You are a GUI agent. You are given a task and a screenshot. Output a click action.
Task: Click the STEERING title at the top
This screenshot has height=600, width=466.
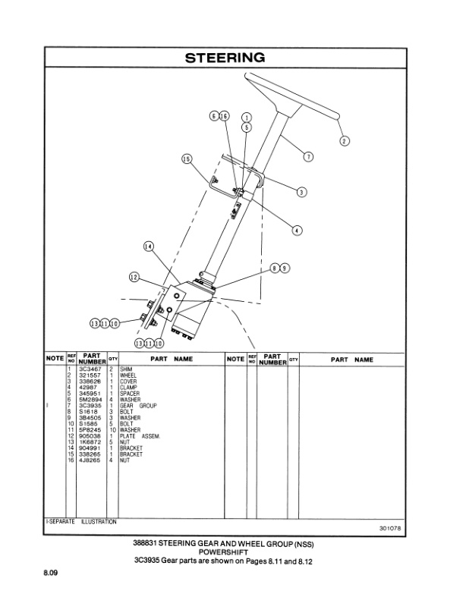pos(225,58)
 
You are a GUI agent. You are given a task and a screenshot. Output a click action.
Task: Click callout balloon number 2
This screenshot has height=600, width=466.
pos(344,140)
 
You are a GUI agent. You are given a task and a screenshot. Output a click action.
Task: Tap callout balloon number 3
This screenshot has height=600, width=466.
pos(301,192)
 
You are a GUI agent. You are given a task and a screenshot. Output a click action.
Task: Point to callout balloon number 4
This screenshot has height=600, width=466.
pos(296,230)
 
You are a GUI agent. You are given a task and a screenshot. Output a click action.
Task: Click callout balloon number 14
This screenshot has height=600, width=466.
pos(148,247)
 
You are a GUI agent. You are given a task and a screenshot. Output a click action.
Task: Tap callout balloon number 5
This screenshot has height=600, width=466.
pos(247,128)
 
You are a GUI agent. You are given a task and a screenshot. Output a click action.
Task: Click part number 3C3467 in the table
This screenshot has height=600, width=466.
pos(91,369)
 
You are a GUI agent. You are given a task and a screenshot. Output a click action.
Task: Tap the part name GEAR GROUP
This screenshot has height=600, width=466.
pos(137,406)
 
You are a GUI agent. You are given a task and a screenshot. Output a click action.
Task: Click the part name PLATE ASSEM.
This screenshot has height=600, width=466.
pos(138,436)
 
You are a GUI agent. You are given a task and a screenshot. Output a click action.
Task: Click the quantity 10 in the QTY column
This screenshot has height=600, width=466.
pos(112,430)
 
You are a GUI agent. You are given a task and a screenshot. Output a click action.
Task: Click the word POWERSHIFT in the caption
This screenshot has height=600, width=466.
pos(225,553)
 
